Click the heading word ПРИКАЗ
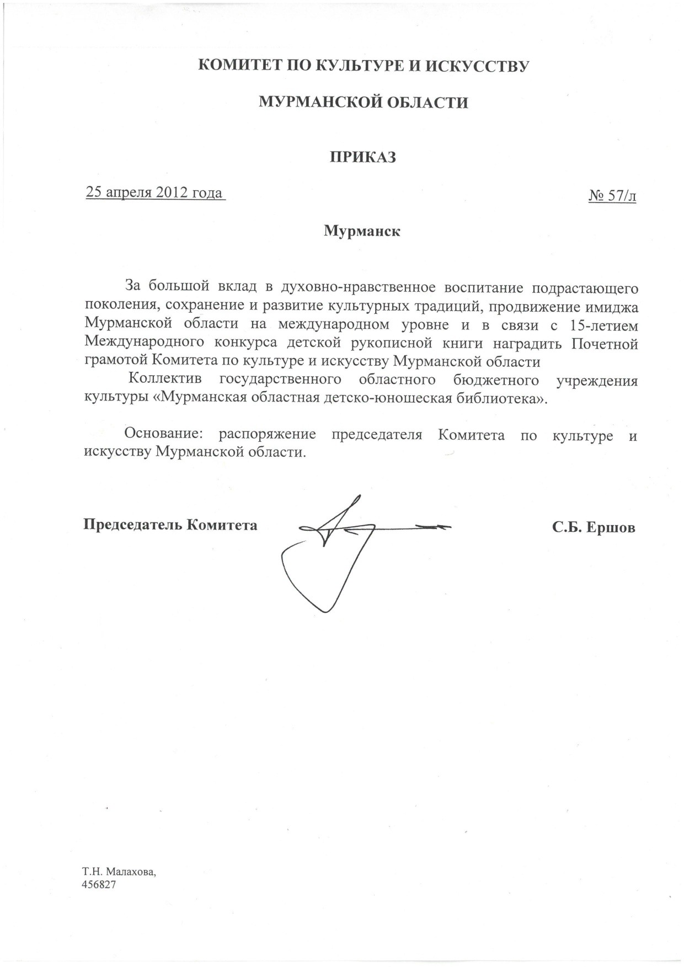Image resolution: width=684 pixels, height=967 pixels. (x=363, y=158)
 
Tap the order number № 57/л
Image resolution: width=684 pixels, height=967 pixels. (x=612, y=196)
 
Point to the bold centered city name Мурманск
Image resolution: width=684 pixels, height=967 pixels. (x=362, y=231)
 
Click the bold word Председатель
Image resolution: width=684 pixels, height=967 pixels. (x=132, y=525)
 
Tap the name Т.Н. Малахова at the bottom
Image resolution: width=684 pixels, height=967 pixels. (x=119, y=872)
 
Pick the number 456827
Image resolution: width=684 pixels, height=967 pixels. (x=100, y=885)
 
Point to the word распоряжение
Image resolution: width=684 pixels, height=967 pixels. (x=267, y=435)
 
